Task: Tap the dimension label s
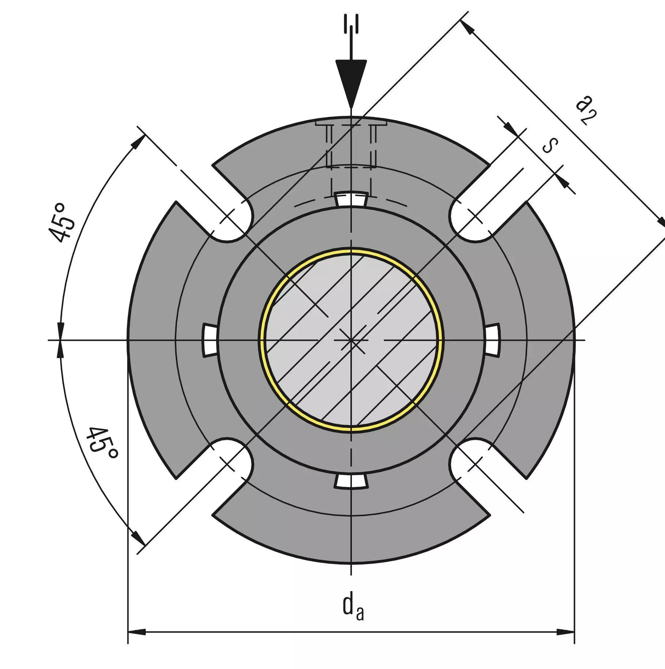[550, 145]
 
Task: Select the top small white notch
[351, 199]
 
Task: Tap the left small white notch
[210, 340]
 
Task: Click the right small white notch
[492, 340]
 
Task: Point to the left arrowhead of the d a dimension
[136, 632]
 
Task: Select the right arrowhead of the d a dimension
[566, 632]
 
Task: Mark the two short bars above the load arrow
[351, 24]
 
